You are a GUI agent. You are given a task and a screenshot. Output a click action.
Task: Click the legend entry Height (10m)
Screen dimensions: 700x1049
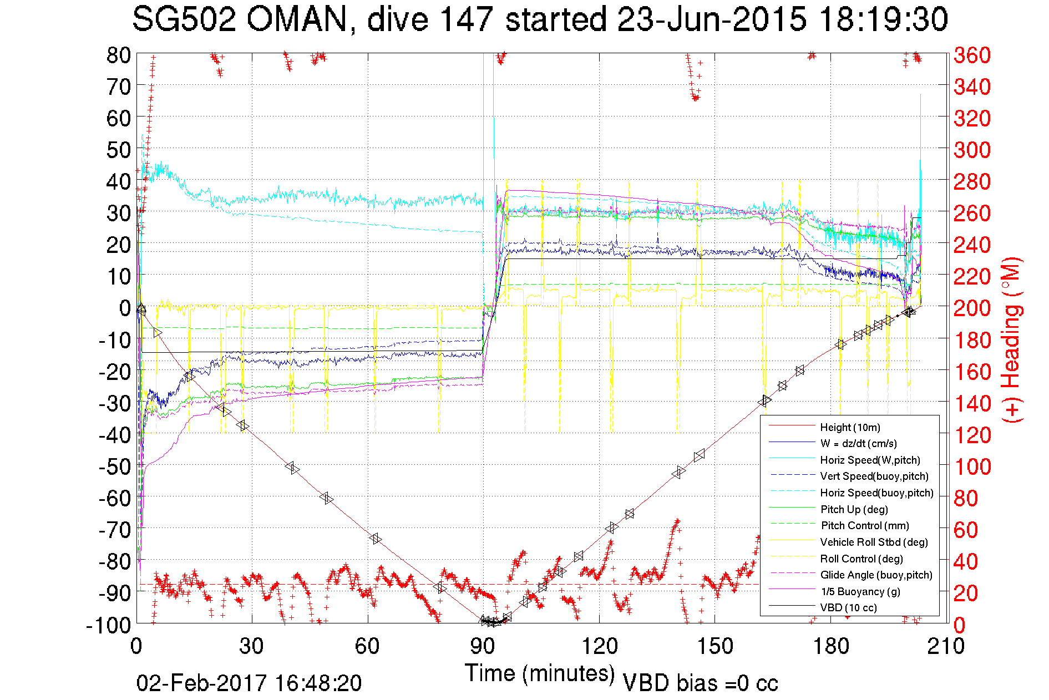(850, 427)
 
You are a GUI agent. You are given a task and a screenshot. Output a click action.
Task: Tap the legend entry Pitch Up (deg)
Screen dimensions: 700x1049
(854, 509)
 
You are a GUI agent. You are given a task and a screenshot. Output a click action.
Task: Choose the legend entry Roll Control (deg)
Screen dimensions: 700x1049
(861, 559)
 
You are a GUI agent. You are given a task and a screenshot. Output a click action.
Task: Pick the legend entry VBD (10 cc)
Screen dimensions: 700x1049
(848, 607)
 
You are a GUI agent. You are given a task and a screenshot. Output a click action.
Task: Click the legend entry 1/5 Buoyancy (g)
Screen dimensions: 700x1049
(860, 591)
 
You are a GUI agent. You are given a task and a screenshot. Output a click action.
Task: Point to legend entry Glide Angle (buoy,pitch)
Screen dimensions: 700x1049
(876, 575)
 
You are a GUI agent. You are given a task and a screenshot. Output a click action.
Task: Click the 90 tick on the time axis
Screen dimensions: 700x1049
(483, 646)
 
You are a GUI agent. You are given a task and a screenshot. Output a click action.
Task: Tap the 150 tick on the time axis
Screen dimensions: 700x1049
(714, 646)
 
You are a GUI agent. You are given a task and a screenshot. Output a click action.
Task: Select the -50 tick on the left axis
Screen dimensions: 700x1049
(114, 466)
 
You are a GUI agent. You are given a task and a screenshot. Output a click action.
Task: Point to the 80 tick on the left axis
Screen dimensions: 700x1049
(119, 55)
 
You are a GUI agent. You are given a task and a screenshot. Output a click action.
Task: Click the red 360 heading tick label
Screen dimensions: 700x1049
(972, 55)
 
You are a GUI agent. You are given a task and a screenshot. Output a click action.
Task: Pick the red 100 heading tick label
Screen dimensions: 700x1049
(972, 466)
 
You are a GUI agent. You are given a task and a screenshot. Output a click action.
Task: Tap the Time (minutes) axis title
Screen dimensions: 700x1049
(540, 673)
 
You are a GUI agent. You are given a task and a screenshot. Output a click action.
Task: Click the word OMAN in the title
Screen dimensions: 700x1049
(296, 20)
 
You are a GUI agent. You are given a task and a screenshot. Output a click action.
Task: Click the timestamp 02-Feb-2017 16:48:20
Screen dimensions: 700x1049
(249, 683)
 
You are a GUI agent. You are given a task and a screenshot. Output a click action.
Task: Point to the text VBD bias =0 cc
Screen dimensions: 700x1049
(700, 683)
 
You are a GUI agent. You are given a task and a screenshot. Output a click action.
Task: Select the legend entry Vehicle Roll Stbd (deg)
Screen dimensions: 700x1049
(874, 542)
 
